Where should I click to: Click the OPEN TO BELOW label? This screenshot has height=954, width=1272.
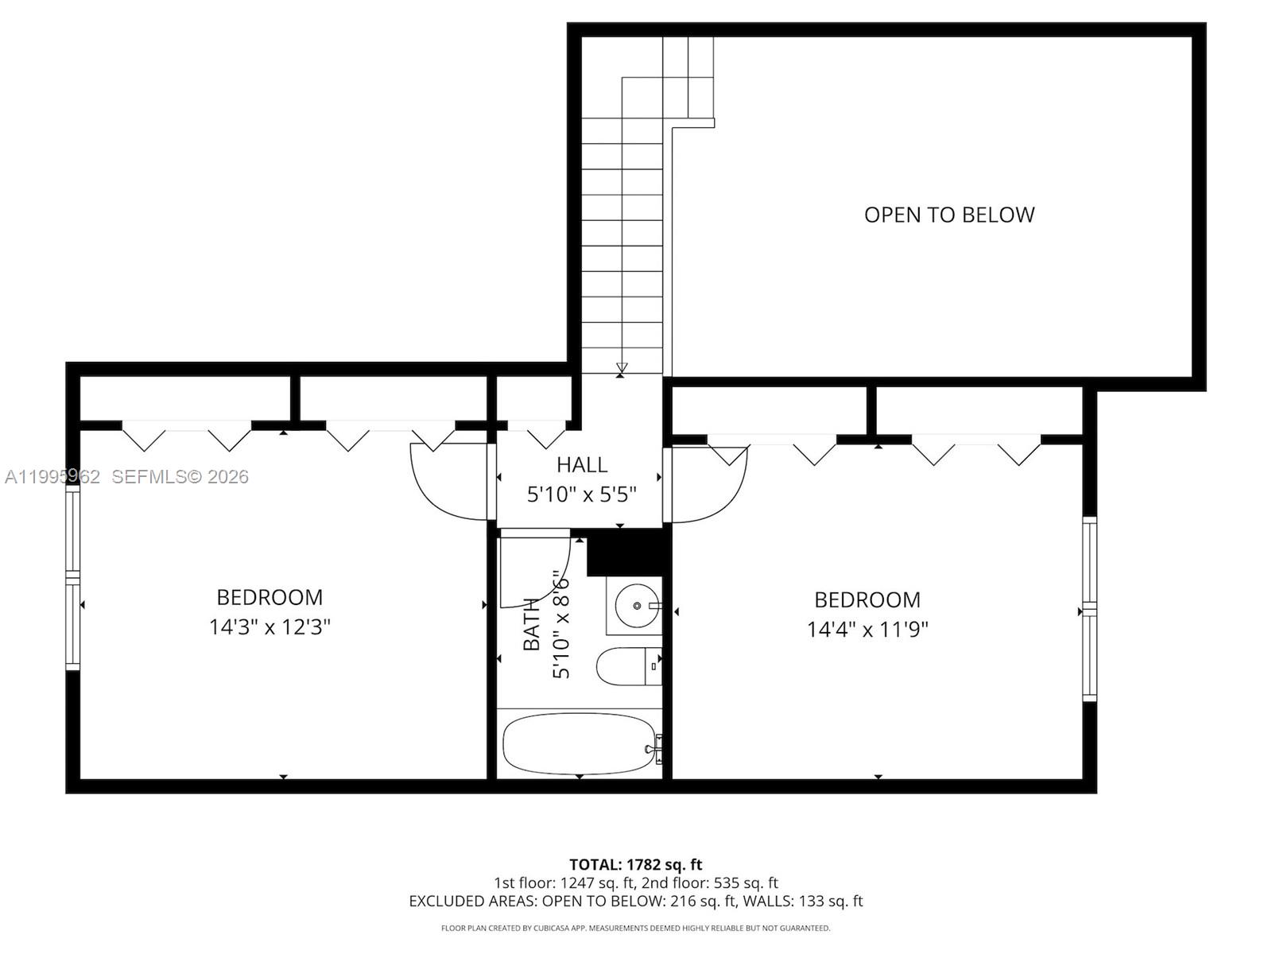click(x=948, y=215)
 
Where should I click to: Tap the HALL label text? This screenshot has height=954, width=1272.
click(x=582, y=464)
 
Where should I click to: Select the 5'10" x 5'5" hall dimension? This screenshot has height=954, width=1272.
click(x=582, y=494)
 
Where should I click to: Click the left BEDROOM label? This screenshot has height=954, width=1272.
click(x=270, y=597)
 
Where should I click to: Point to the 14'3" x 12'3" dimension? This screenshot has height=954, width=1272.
click(x=270, y=627)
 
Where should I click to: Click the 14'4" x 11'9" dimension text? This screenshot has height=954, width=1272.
click(x=867, y=630)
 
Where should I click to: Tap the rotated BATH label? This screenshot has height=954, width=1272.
click(x=531, y=624)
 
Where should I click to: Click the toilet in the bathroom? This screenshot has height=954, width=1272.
click(x=628, y=666)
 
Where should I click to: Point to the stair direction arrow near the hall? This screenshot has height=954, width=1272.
click(x=622, y=368)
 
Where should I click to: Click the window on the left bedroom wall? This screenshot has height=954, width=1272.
click(x=72, y=579)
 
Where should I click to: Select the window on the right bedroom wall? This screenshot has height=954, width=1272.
click(x=1089, y=609)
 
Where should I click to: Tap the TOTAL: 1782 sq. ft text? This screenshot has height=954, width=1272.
click(x=635, y=864)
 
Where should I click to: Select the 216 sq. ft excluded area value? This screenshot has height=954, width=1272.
click(x=701, y=901)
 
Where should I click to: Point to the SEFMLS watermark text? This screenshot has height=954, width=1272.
click(x=180, y=476)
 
